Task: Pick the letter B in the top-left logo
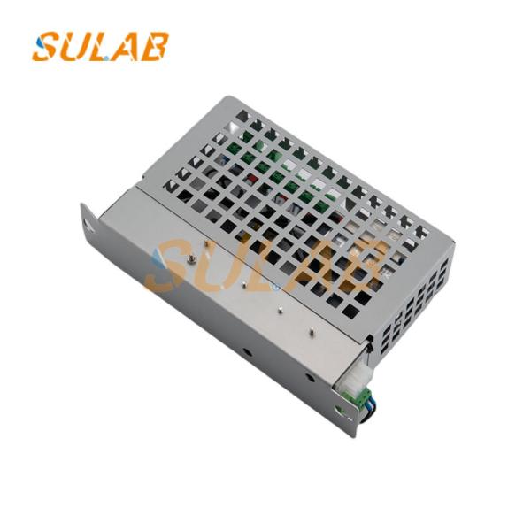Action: tap(153, 46)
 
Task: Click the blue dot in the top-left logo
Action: tap(107, 58)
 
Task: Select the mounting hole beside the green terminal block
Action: tap(340, 409)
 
